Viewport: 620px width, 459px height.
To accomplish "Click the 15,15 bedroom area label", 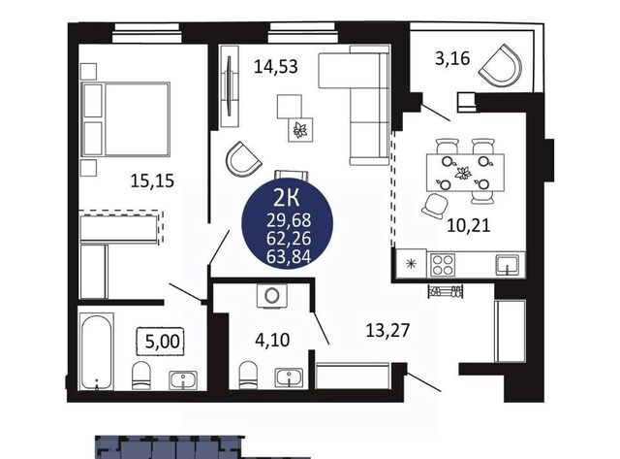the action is point(152,181).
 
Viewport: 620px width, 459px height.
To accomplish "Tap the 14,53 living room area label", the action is point(275,66).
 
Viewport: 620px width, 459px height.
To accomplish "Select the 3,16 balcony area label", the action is point(452,58).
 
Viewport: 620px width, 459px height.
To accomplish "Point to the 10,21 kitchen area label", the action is point(469,226).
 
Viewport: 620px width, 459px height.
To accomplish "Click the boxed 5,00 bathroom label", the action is point(162,341).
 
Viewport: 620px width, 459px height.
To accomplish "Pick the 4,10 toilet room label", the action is point(272,340).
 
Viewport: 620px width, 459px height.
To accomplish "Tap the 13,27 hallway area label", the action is point(387,330).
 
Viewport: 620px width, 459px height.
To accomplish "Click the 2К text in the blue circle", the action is point(287,198).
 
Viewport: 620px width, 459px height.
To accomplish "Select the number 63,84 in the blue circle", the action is point(289,256).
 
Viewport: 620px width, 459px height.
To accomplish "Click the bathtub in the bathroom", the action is point(97,351).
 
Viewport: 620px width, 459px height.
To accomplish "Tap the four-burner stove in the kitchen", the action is point(444,265).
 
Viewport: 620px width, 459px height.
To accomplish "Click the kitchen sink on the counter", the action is point(508,265).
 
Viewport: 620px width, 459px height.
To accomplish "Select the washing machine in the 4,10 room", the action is point(271,295).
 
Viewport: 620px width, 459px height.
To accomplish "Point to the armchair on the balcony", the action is point(501,65).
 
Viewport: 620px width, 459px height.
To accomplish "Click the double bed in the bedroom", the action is point(126,118).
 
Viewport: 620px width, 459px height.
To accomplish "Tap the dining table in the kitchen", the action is point(465,173).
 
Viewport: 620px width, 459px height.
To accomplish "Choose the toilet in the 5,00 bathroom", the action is point(141,376).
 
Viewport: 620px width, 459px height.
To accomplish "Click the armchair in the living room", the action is point(243,159).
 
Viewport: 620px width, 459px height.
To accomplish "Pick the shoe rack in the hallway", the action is point(446,291).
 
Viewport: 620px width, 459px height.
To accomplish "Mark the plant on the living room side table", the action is point(300,129).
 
